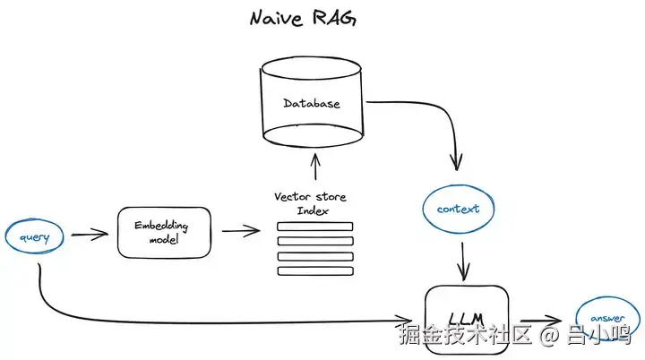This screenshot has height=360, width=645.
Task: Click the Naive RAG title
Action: (x=303, y=19)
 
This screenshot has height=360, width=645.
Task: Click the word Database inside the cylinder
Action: (x=312, y=103)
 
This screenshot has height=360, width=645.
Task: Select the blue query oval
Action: (x=35, y=236)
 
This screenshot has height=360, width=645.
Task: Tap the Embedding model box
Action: (x=164, y=233)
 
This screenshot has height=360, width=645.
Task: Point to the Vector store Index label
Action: (x=310, y=203)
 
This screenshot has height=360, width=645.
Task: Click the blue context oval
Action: (x=459, y=209)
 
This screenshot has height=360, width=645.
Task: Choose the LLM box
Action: (x=467, y=320)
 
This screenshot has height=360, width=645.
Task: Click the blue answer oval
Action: (x=607, y=319)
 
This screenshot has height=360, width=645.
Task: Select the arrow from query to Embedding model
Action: (x=90, y=235)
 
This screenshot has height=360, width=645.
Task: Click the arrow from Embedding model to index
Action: (x=241, y=231)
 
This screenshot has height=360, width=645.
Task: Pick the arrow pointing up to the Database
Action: (x=315, y=167)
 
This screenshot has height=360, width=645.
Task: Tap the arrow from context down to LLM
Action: (x=463, y=261)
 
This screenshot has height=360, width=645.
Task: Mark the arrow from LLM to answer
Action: (x=541, y=321)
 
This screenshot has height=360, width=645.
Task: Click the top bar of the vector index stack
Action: (x=315, y=227)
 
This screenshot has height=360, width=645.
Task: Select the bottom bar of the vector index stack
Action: (x=315, y=271)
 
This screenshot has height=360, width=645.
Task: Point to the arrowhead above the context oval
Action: (x=456, y=162)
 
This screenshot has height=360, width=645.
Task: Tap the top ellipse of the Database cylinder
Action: (x=312, y=68)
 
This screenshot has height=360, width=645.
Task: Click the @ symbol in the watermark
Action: (x=549, y=335)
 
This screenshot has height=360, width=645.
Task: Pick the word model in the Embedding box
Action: (x=164, y=239)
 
